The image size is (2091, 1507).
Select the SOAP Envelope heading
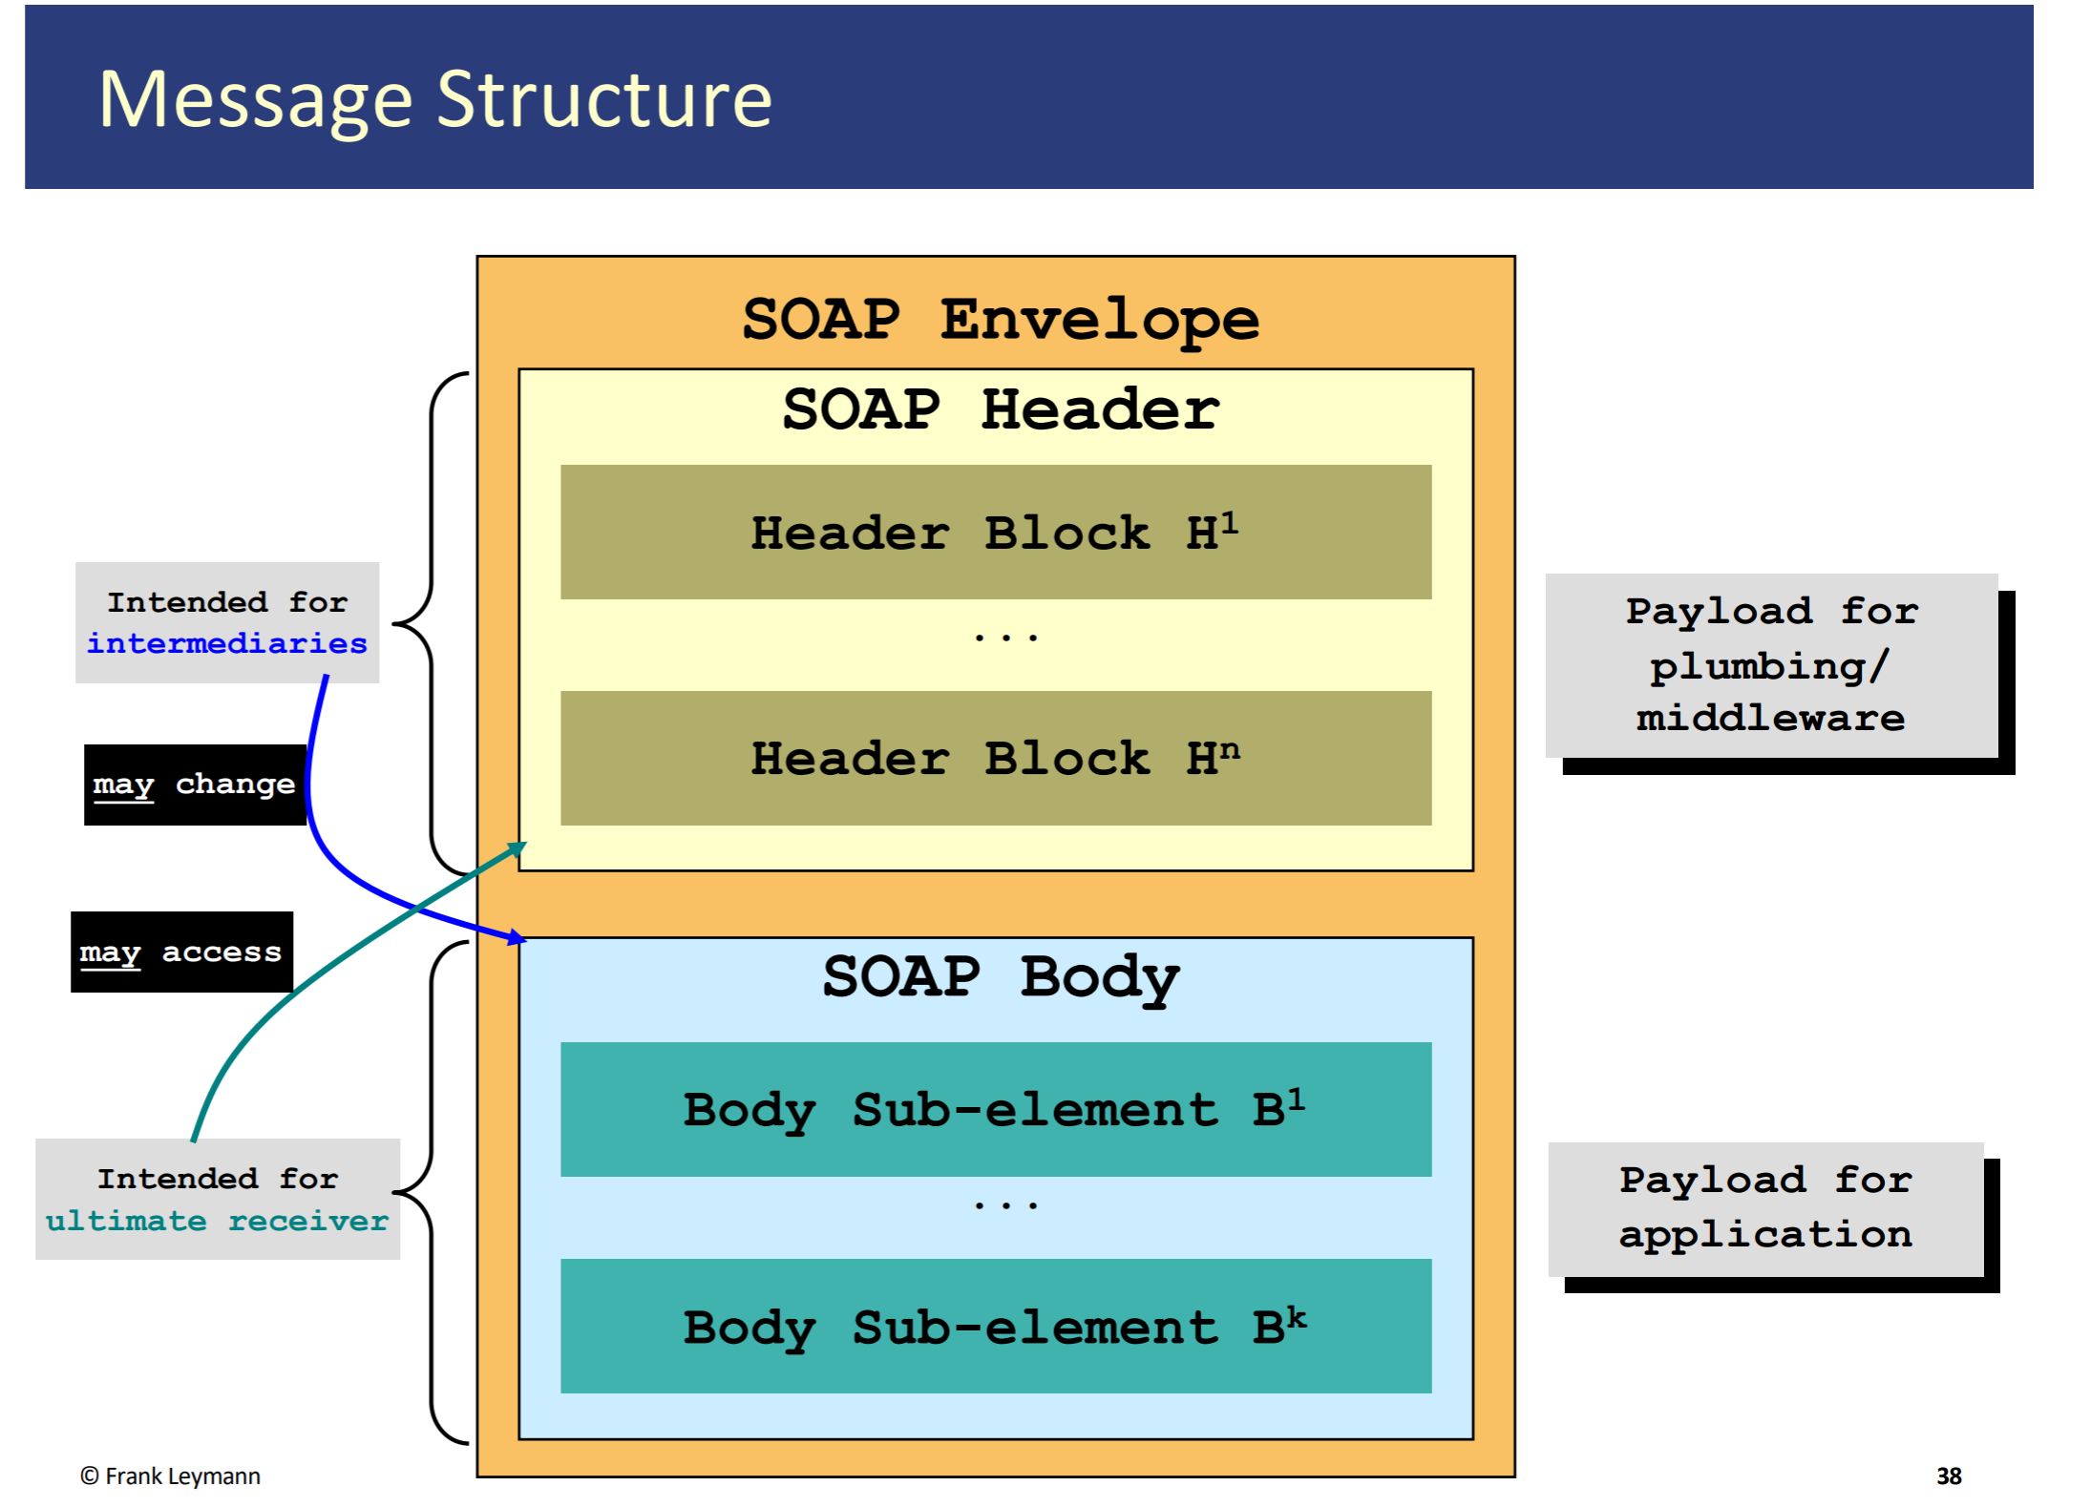coord(1000,319)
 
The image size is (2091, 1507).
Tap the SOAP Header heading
coord(1000,409)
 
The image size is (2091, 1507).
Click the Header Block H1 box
coord(995,532)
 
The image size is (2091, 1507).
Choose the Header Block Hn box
coord(995,758)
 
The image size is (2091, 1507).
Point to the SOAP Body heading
coord(1000,976)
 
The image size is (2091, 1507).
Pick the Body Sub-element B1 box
coord(995,1109)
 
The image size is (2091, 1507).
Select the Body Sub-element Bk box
coord(995,1326)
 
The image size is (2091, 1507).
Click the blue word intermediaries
coord(226,643)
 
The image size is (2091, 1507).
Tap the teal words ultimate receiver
coord(217,1221)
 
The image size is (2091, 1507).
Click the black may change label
coord(195,785)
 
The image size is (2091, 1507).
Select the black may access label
coord(181,952)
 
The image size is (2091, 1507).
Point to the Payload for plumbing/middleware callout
coord(1771,665)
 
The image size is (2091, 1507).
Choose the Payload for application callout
coord(1765,1208)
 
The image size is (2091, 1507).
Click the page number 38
coord(1948,1476)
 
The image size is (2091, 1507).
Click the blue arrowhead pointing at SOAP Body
coord(517,938)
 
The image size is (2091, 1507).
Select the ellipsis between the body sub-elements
coord(1005,1206)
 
